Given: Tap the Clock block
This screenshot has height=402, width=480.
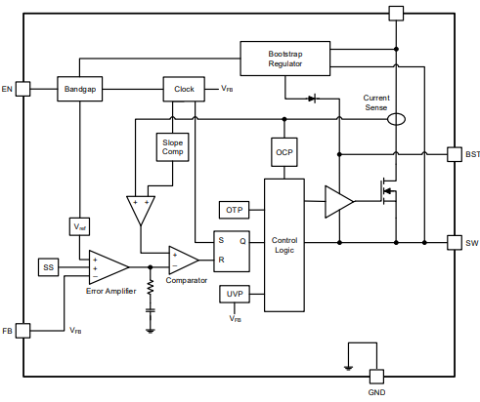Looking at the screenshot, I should (x=184, y=89).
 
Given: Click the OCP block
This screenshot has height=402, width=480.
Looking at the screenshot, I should (x=284, y=152).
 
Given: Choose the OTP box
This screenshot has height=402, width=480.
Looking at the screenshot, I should (x=235, y=210).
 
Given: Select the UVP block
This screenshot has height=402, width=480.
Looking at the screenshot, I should (x=235, y=294).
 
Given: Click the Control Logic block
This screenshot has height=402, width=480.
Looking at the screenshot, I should (x=284, y=245).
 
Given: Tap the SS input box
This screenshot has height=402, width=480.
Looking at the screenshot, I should (x=49, y=267).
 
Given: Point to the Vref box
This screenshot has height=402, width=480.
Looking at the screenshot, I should (x=80, y=226).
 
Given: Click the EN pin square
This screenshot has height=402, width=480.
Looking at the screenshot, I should (x=23, y=89).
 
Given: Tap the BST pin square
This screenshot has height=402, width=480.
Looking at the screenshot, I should (x=454, y=154).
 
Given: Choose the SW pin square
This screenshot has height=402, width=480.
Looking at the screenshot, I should (x=454, y=241).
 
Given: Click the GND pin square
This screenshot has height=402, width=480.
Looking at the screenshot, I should (x=376, y=377).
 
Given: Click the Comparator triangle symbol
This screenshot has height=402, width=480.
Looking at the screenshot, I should (x=182, y=260).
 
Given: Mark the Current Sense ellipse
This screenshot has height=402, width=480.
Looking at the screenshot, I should (x=396, y=119).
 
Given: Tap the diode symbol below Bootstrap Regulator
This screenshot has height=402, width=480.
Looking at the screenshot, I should (x=313, y=99).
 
